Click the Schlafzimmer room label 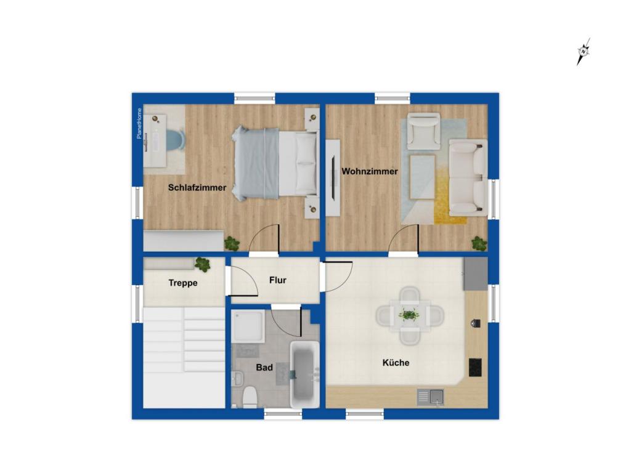(x=197, y=187)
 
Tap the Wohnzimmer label (x=370, y=171)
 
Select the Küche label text (x=396, y=363)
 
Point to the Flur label (x=278, y=280)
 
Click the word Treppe (x=183, y=283)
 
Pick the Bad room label (x=264, y=367)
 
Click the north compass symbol (x=583, y=52)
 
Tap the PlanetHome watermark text (x=139, y=123)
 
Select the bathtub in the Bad (x=304, y=374)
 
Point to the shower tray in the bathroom (x=248, y=326)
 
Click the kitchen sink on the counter (x=431, y=397)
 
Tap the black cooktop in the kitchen (x=475, y=367)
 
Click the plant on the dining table (x=409, y=315)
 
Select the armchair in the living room (x=423, y=131)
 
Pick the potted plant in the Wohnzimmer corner (x=479, y=243)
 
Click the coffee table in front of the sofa (x=422, y=177)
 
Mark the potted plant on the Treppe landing (x=202, y=265)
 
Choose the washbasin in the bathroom (x=237, y=378)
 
